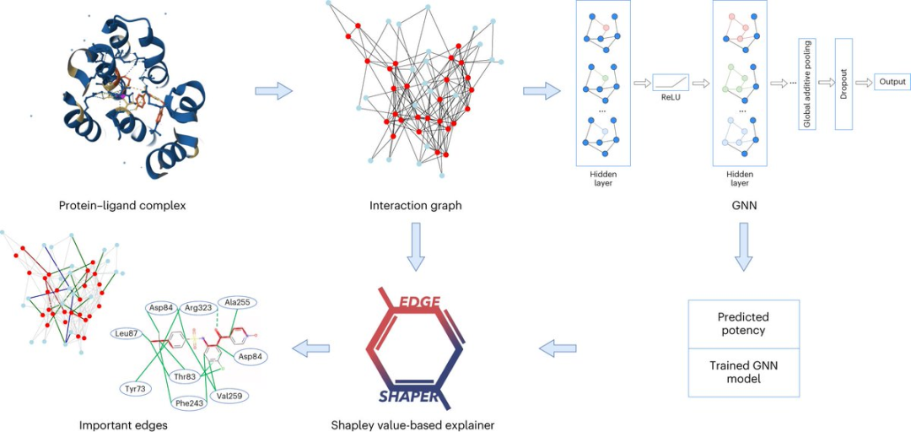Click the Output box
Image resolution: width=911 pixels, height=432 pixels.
pos(892,82)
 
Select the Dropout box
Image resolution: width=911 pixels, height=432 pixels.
pos(844,84)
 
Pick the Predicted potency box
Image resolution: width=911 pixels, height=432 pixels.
pos(743,323)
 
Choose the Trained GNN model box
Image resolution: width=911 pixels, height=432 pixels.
pos(743,371)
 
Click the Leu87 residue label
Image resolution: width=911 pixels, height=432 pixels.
pos(126,334)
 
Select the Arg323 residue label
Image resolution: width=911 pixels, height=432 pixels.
pos(200,307)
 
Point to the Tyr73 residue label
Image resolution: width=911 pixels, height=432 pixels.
pos(136,388)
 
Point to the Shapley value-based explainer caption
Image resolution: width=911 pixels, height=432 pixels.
pos(412,424)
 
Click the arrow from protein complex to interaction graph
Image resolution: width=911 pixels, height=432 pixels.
pos(273,90)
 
